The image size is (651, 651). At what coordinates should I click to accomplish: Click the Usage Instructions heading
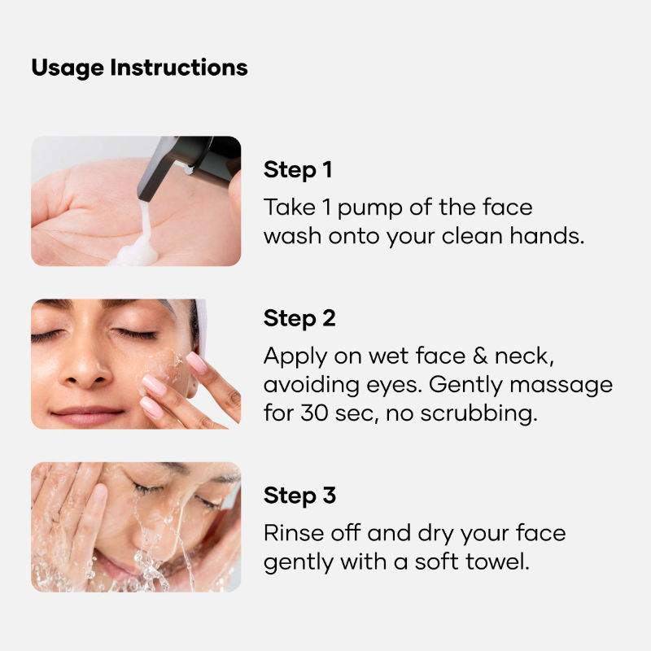pyautogui.click(x=139, y=68)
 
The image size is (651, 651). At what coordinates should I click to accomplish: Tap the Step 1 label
pyautogui.click(x=298, y=170)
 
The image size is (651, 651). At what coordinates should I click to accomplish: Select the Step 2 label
pyautogui.click(x=299, y=318)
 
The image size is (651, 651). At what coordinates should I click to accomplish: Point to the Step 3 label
pyautogui.click(x=299, y=496)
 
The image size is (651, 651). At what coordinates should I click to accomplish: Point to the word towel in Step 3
pyautogui.click(x=497, y=561)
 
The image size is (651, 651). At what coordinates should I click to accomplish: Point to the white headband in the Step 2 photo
pyautogui.click(x=199, y=321)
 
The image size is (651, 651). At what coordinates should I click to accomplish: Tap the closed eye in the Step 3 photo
pyautogui.click(x=150, y=490)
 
